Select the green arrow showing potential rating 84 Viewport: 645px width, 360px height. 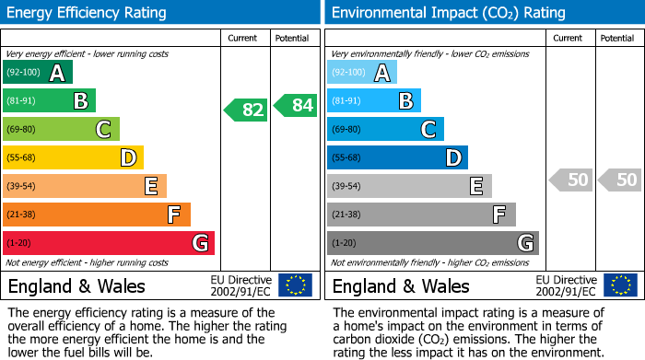pos(296,105)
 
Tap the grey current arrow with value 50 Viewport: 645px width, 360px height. pos(570,180)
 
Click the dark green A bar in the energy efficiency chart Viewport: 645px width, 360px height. pos(37,73)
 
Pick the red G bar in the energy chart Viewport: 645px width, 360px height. pos(108,243)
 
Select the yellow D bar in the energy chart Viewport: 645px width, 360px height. pos(73,157)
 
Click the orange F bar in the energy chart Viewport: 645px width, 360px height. pos(96,215)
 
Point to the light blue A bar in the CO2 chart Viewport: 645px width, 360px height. pos(362,73)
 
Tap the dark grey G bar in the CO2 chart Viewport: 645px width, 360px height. pos(432,243)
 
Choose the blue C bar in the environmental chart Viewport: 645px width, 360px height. pos(385,129)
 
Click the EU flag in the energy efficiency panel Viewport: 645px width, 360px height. pos(295,285)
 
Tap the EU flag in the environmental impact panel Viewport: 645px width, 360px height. pos(620,285)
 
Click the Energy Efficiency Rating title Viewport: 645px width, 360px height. pos(88,13)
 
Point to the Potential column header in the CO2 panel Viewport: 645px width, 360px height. pos(617,39)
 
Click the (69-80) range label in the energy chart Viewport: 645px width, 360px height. pos(23,130)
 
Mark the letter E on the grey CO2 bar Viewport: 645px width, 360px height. pos(476,186)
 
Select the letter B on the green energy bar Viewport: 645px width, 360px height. pos(80,101)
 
